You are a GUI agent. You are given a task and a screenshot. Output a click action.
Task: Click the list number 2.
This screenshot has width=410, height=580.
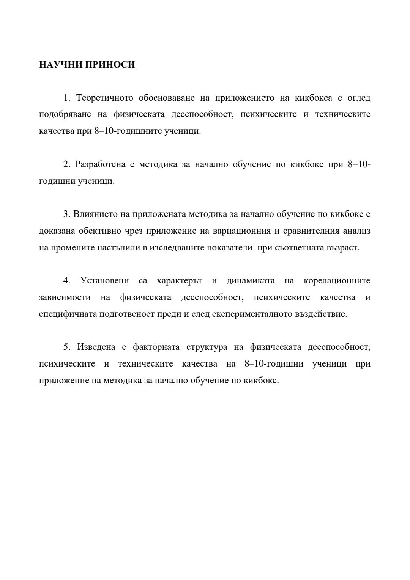point(67,164)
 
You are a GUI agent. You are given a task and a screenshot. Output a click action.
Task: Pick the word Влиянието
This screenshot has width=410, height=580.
point(95,214)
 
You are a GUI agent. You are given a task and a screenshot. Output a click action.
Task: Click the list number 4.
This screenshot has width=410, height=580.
point(67,281)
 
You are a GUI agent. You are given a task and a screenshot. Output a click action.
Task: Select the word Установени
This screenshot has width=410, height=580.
point(104,281)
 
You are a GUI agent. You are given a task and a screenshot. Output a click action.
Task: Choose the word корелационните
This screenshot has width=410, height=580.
point(337,281)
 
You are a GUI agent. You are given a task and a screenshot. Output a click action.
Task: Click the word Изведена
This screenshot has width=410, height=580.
point(96,347)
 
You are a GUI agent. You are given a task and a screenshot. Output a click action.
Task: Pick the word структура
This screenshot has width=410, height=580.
point(207,347)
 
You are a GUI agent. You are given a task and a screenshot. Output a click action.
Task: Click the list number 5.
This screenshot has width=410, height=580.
point(67,347)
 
